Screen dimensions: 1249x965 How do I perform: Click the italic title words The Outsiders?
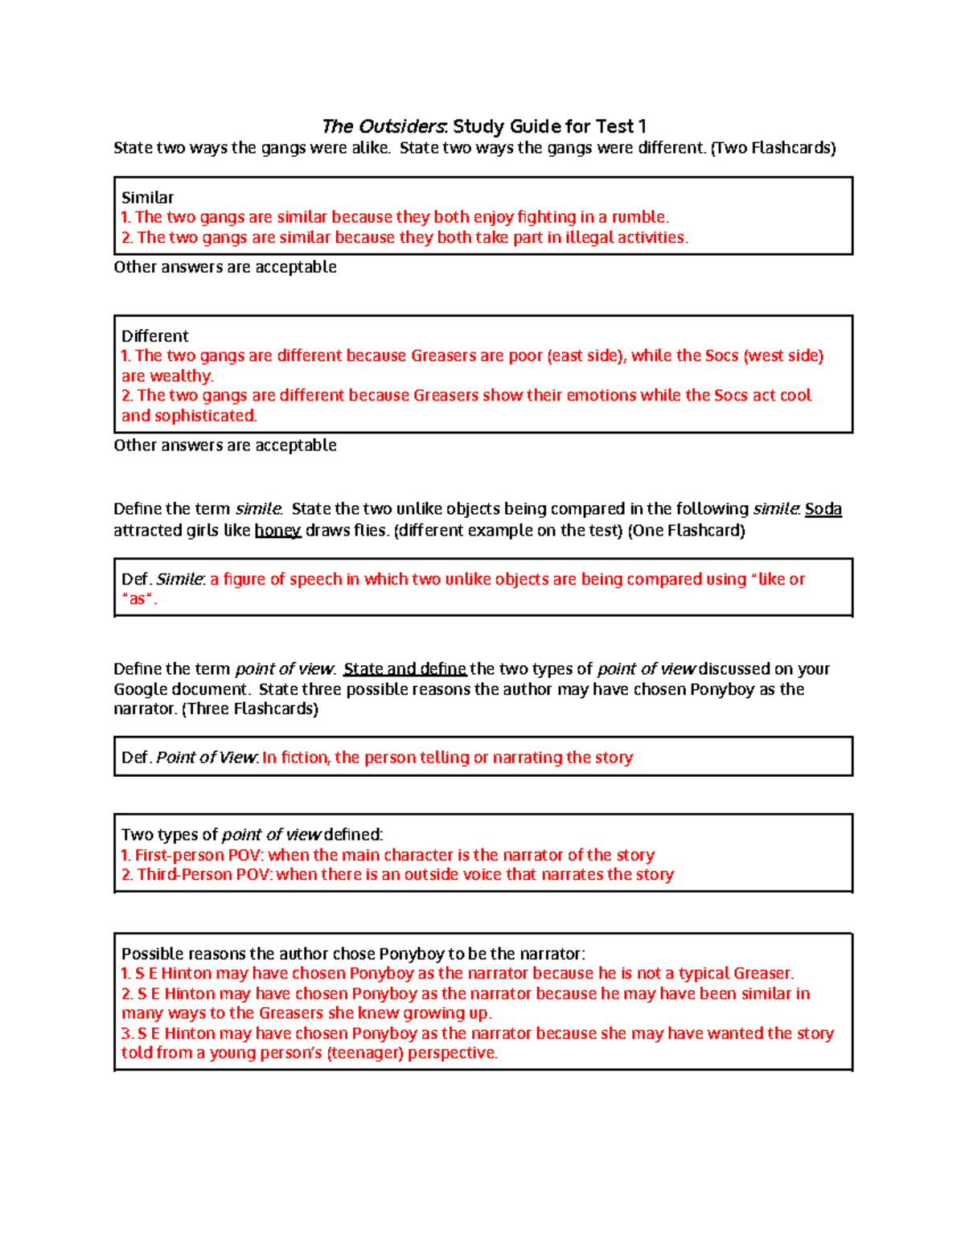[x=384, y=126]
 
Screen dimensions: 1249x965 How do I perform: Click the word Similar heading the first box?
[x=147, y=197]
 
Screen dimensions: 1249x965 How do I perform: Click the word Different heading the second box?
[x=154, y=336]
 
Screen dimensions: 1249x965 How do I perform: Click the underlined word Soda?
[x=823, y=509]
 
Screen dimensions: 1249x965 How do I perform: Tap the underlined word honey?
[x=277, y=531]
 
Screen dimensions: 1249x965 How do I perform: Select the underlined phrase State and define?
[x=404, y=669]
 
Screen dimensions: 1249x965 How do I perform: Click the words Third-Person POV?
[x=203, y=874]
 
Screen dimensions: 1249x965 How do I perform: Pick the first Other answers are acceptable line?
[x=225, y=267]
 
